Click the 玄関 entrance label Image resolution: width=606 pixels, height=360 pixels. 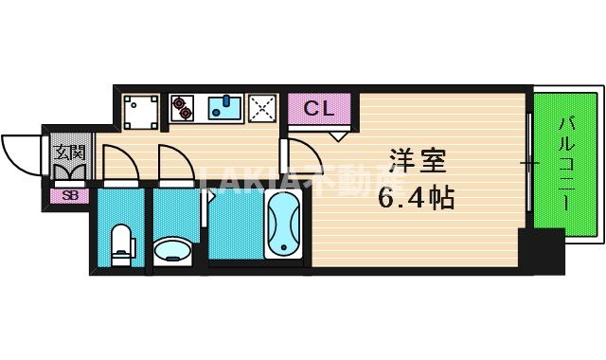coord(69,152)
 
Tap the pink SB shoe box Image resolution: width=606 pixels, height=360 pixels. coord(69,196)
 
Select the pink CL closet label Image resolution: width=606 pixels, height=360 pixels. coord(318,108)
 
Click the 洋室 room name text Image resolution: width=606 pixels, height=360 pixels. coord(415,161)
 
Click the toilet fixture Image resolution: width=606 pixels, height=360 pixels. coord(121,243)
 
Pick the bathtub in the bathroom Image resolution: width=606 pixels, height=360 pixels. coord(283,225)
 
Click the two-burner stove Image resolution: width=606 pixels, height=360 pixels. coord(182,108)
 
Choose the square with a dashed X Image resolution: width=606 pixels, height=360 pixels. coord(261,108)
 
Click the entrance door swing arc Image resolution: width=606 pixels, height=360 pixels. coord(23,152)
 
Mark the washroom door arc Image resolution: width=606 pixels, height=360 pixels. coord(177,163)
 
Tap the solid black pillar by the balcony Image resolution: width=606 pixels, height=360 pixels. coord(545,250)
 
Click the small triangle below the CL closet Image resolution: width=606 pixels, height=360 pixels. coord(337,135)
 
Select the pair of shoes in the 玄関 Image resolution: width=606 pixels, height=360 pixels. coord(69,173)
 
